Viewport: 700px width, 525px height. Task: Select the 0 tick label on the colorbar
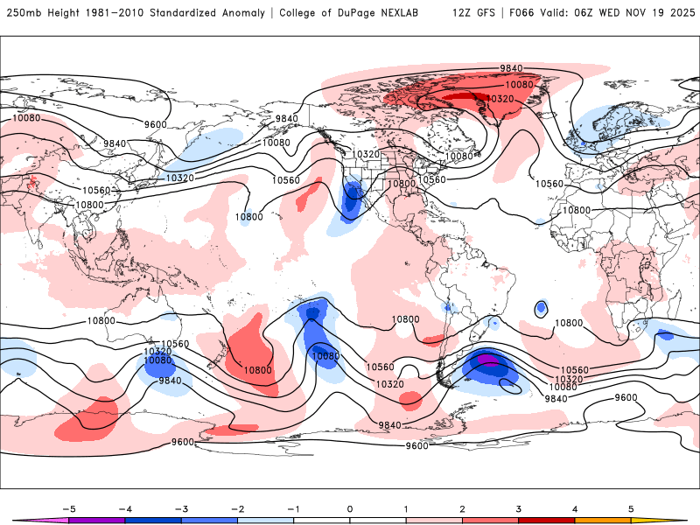tap(349, 507)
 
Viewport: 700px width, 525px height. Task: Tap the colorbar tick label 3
tap(518, 507)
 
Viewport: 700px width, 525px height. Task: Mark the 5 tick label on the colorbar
tap(631, 507)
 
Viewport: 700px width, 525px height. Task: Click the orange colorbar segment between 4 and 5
tap(602, 520)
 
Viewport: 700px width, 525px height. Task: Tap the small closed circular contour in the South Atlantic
tap(542, 308)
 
